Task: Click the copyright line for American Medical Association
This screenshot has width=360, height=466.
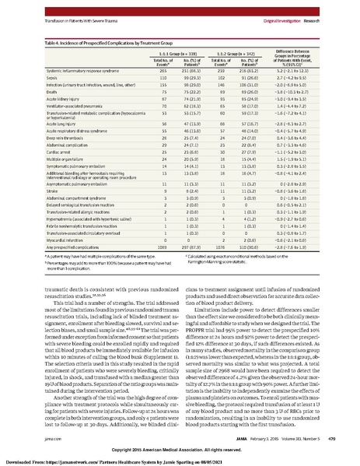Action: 180,449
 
